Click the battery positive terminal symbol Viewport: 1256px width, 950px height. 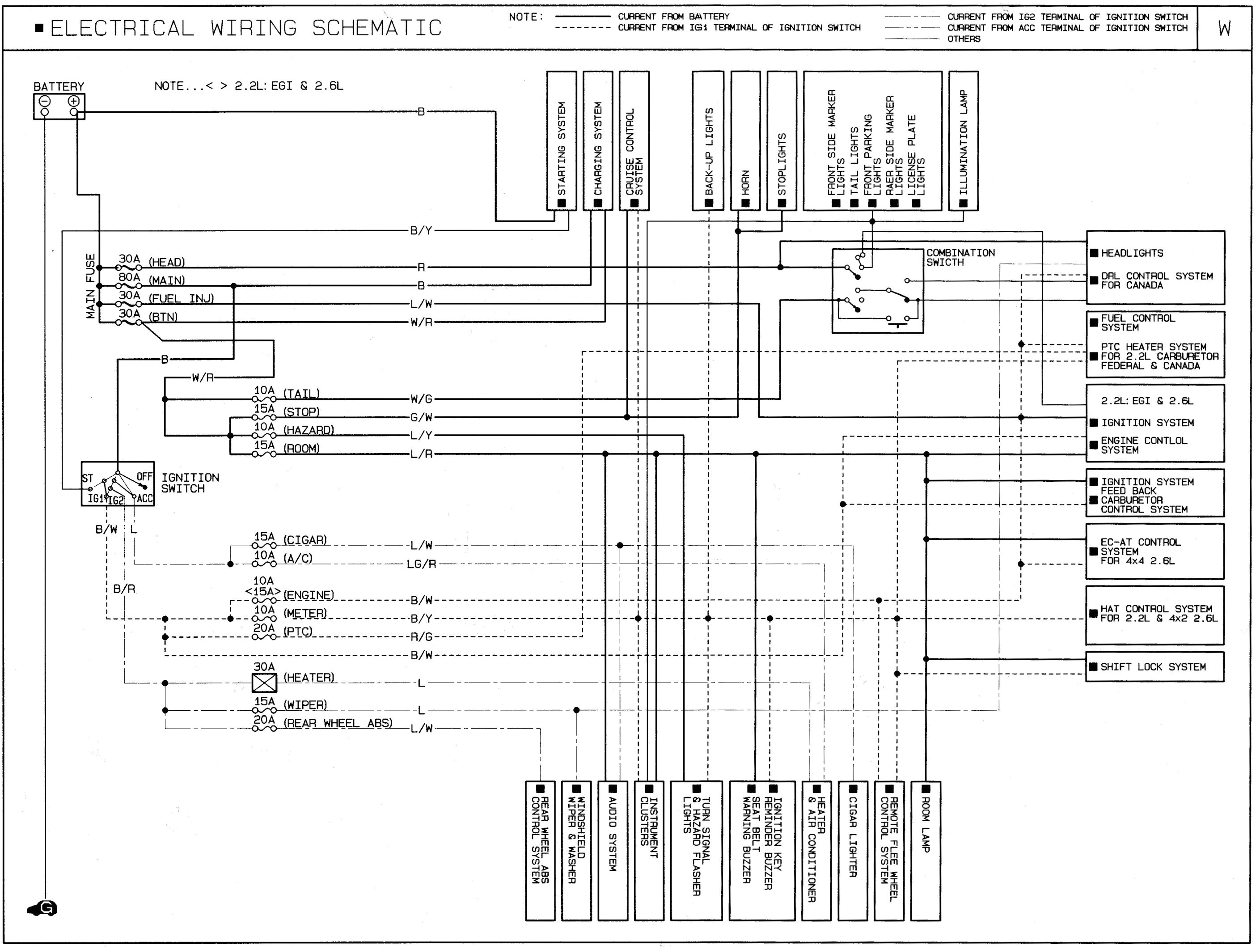click(x=74, y=101)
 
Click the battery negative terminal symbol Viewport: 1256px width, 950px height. click(x=44, y=101)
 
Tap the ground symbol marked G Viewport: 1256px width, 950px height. click(x=44, y=908)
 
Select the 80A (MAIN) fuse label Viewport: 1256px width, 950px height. click(x=151, y=279)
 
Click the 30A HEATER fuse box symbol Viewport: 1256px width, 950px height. click(x=264, y=683)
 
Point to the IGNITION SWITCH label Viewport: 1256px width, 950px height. click(x=190, y=483)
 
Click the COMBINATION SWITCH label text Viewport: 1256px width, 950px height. click(x=960, y=257)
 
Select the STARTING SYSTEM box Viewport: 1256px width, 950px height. click(x=562, y=140)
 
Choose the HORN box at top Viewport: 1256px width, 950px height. click(x=745, y=140)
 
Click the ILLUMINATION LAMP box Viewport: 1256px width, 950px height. click(x=963, y=140)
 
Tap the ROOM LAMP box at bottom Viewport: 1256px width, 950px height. click(x=926, y=850)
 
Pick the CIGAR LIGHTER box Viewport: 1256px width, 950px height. click(x=852, y=850)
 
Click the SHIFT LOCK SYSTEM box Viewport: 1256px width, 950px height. click(x=1155, y=666)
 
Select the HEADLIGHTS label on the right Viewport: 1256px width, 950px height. click(x=1132, y=253)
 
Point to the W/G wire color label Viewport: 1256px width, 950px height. click(x=421, y=399)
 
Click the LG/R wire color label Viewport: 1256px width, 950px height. click(x=421, y=564)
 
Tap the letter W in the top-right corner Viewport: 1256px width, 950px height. click(x=1224, y=28)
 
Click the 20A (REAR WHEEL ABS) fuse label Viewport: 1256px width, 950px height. click(x=322, y=722)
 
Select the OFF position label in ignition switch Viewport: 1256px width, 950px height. click(x=144, y=476)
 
